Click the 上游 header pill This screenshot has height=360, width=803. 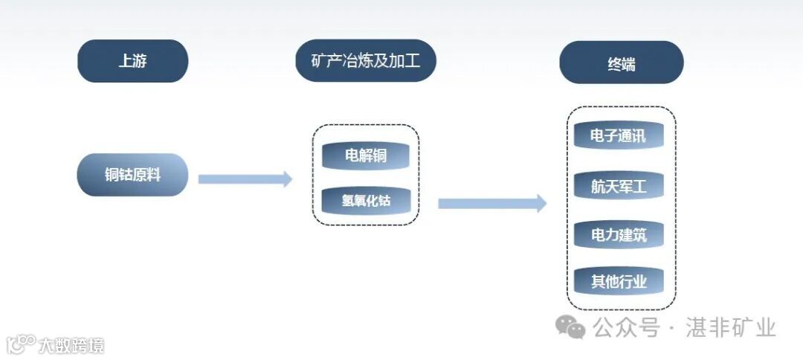click(x=132, y=61)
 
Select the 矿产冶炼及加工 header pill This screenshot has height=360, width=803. click(x=365, y=60)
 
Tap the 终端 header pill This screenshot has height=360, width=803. click(x=621, y=62)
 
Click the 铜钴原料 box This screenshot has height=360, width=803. click(x=132, y=175)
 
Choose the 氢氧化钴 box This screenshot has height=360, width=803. click(x=366, y=200)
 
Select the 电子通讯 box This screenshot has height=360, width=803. click(x=618, y=136)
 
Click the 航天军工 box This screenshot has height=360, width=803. click(x=618, y=186)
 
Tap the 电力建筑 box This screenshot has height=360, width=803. click(x=618, y=235)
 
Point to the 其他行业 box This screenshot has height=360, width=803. click(x=618, y=282)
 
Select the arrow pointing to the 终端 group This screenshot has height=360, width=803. click(x=491, y=203)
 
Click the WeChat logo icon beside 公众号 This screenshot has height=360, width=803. click(x=572, y=326)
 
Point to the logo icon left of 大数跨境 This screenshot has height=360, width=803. click(x=20, y=344)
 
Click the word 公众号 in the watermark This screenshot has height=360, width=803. click(x=625, y=327)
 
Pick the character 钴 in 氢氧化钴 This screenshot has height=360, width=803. click(x=384, y=201)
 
